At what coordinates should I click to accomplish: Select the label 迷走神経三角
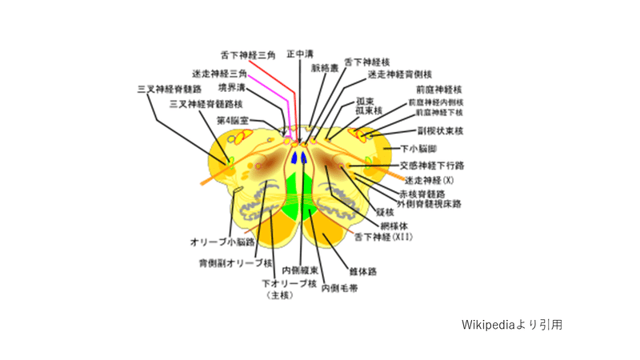(219, 73)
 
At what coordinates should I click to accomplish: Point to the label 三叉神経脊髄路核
(206, 104)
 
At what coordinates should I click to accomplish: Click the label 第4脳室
(232, 120)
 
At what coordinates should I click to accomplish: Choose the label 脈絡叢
(323, 67)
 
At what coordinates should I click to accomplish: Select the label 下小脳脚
(420, 148)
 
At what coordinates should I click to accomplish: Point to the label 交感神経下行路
(432, 165)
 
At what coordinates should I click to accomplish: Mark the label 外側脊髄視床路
(429, 204)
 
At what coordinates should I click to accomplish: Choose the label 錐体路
(363, 271)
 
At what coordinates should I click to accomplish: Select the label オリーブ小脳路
(222, 241)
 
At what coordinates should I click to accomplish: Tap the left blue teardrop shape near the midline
(294, 158)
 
